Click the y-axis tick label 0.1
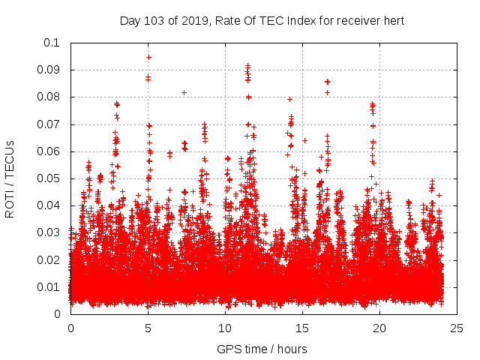(x=52, y=43)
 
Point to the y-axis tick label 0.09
(x=49, y=70)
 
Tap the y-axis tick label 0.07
(x=49, y=124)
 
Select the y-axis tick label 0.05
(x=49, y=178)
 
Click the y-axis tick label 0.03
(x=49, y=232)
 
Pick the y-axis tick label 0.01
(x=49, y=287)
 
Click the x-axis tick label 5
(x=148, y=328)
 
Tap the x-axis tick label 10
(x=225, y=328)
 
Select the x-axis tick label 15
(x=302, y=328)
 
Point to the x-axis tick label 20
(x=379, y=328)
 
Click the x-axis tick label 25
(x=457, y=328)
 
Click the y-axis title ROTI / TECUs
(x=10, y=178)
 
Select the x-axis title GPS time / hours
(x=262, y=349)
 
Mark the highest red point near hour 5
(x=148, y=57)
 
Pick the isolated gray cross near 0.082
(x=184, y=92)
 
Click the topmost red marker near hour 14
(x=289, y=99)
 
